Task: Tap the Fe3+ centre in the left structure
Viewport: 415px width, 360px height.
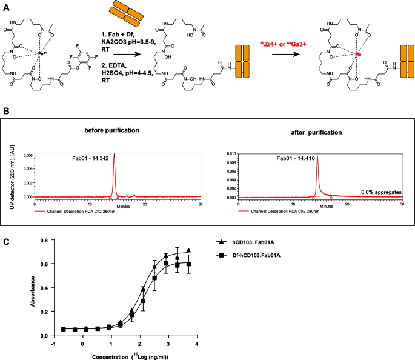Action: [60, 54]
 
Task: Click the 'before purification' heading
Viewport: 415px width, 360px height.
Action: [113, 131]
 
